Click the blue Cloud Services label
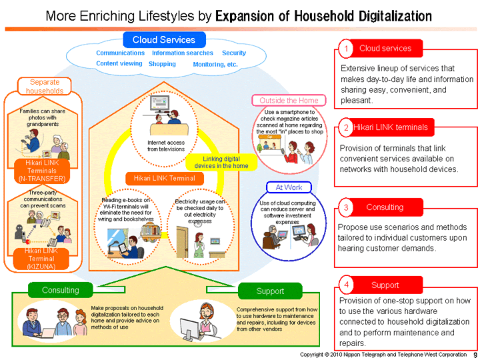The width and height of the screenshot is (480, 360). pyautogui.click(x=163, y=40)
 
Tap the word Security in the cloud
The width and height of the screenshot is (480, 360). pyautogui.click(x=234, y=53)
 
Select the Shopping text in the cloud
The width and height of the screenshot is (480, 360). pyautogui.click(x=162, y=64)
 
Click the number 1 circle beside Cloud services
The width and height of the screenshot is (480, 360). pyautogui.click(x=347, y=49)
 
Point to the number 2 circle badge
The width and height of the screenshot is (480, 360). pyautogui.click(x=347, y=127)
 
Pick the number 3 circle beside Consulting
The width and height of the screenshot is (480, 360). pyautogui.click(x=347, y=208)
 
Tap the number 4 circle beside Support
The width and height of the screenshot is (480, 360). pyautogui.click(x=347, y=285)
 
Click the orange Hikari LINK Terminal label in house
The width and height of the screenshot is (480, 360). pyautogui.click(x=163, y=178)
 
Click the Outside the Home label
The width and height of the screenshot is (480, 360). pyautogui.click(x=289, y=101)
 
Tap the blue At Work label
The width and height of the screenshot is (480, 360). pyautogui.click(x=285, y=187)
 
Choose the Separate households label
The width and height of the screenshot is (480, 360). pyautogui.click(x=45, y=87)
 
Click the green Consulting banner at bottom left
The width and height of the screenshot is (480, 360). pyautogui.click(x=61, y=290)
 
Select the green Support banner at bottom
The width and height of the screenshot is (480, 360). pyautogui.click(x=270, y=291)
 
